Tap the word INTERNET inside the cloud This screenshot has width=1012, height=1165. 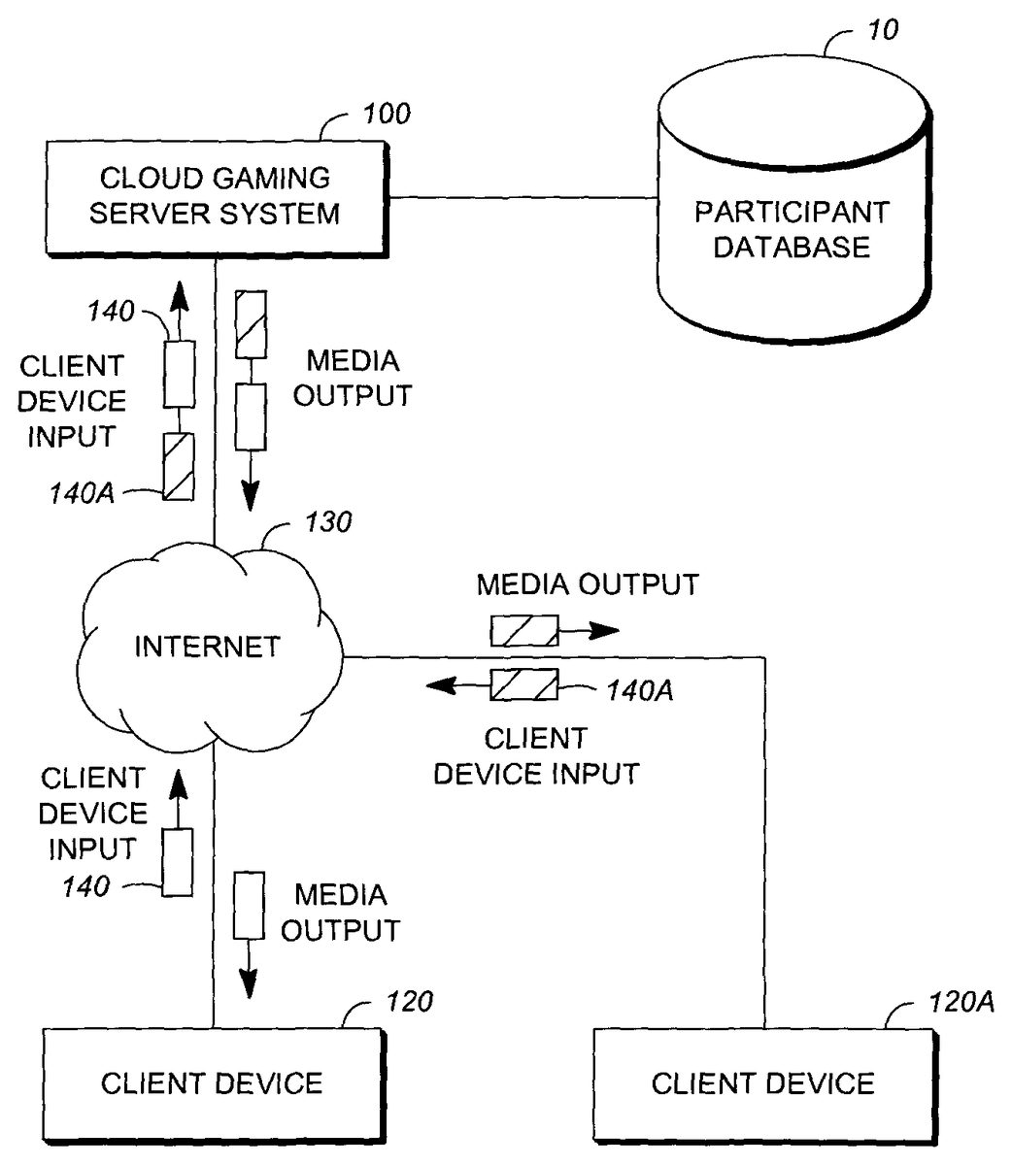(x=207, y=647)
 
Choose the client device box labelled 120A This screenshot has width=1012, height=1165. (x=762, y=1082)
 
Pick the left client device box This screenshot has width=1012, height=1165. (x=212, y=1082)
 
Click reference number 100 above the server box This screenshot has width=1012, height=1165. (x=387, y=115)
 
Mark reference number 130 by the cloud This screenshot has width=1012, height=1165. (x=328, y=522)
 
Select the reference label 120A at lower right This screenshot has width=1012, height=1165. (x=956, y=1003)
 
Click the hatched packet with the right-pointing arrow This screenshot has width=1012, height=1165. (x=523, y=631)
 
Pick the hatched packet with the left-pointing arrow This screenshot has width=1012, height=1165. (x=523, y=686)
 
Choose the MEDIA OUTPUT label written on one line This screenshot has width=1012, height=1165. (x=587, y=584)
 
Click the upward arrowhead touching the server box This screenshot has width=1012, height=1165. (x=178, y=293)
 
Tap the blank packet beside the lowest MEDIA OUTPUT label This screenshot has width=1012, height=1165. (x=250, y=905)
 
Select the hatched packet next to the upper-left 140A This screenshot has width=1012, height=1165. (x=178, y=466)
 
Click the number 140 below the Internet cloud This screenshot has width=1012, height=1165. (x=86, y=885)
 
